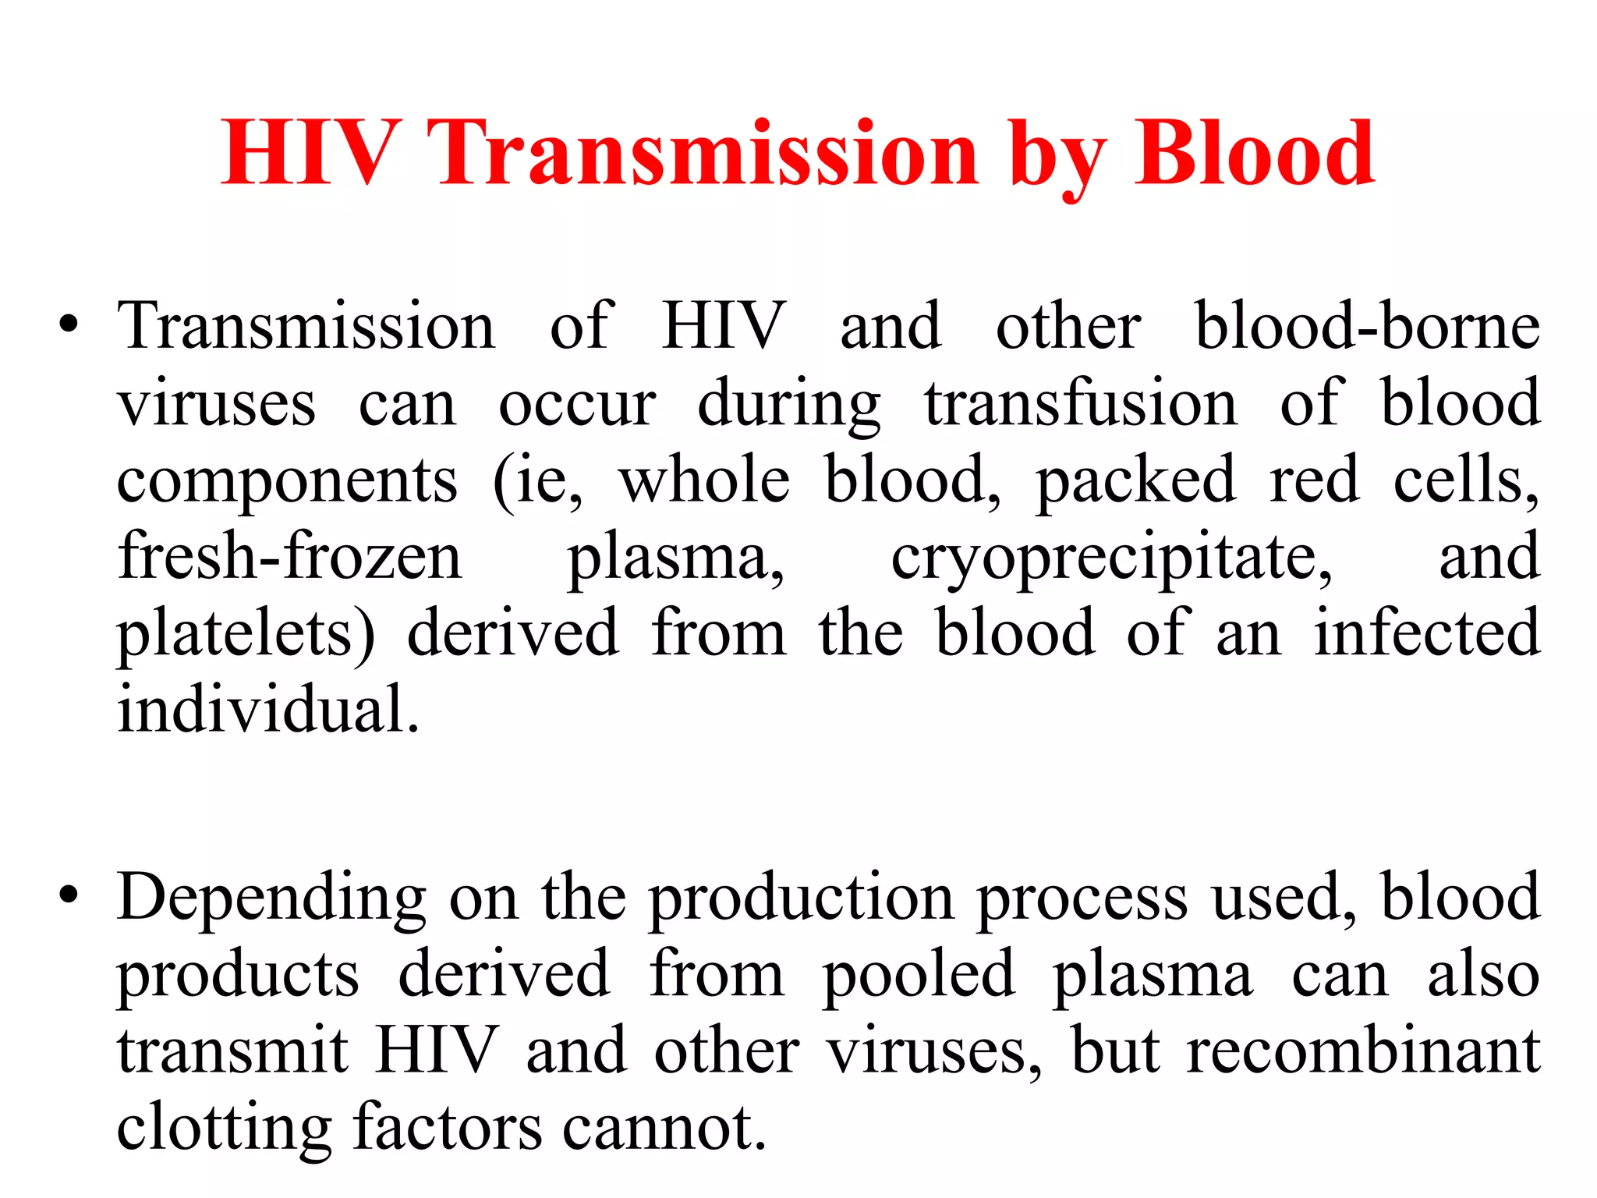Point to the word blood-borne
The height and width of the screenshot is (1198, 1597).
[x=1367, y=325]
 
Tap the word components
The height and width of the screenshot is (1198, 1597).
[x=287, y=482]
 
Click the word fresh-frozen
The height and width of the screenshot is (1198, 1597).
[x=289, y=556]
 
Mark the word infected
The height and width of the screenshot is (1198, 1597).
[x=1426, y=633]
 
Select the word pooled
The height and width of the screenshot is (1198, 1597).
[x=919, y=975]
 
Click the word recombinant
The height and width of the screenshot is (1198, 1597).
[x=1362, y=1050]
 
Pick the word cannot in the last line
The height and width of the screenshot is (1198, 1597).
[x=664, y=1126]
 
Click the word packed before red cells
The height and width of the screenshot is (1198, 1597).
[x=1135, y=482]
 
